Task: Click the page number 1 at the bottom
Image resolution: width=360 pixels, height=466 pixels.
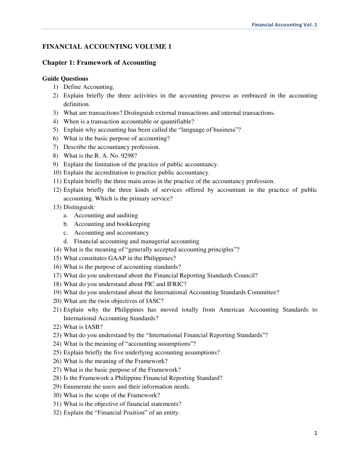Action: pyautogui.click(x=315, y=433)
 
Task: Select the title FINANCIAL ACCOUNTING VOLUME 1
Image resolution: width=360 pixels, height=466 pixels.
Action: pyautogui.click(x=107, y=46)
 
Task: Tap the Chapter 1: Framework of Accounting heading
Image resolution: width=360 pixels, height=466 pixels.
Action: pyautogui.click(x=99, y=62)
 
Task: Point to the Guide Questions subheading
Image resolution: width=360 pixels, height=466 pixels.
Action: pyautogui.click(x=65, y=78)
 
